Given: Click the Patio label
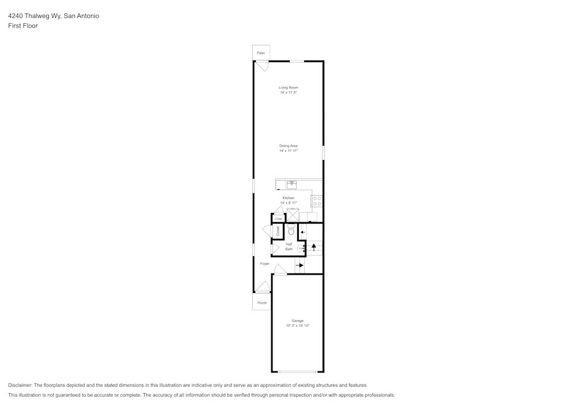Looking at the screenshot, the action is coord(261,53).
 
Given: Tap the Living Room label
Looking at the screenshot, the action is coord(289,88).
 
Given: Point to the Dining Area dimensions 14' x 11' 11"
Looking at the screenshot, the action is coord(289,151).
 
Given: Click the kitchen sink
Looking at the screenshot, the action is coord(291,184).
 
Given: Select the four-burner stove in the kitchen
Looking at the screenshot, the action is coord(317,201).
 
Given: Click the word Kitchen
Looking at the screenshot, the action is coord(289,198).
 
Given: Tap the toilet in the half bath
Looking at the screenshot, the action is coord(291,230).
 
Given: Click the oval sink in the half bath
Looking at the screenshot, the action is coord(300,249).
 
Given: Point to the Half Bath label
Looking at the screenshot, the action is coord(289,246).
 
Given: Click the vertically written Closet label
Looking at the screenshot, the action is coord(278,231).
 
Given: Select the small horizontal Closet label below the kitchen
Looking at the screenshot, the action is coord(278,219).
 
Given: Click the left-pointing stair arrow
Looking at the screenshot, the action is coord(303,232).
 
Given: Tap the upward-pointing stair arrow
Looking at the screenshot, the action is coord(314,247).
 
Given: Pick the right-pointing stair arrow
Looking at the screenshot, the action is coord(300,265).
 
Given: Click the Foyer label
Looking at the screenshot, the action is coord(264,264).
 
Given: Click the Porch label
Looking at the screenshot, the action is coord(262,303).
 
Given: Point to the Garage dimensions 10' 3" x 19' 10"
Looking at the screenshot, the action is coord(298,325).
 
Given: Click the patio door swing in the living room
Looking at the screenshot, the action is coord(262,66).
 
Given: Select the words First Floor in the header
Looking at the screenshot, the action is coord(23,26).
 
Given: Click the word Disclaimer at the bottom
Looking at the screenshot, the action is coord(20,385).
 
